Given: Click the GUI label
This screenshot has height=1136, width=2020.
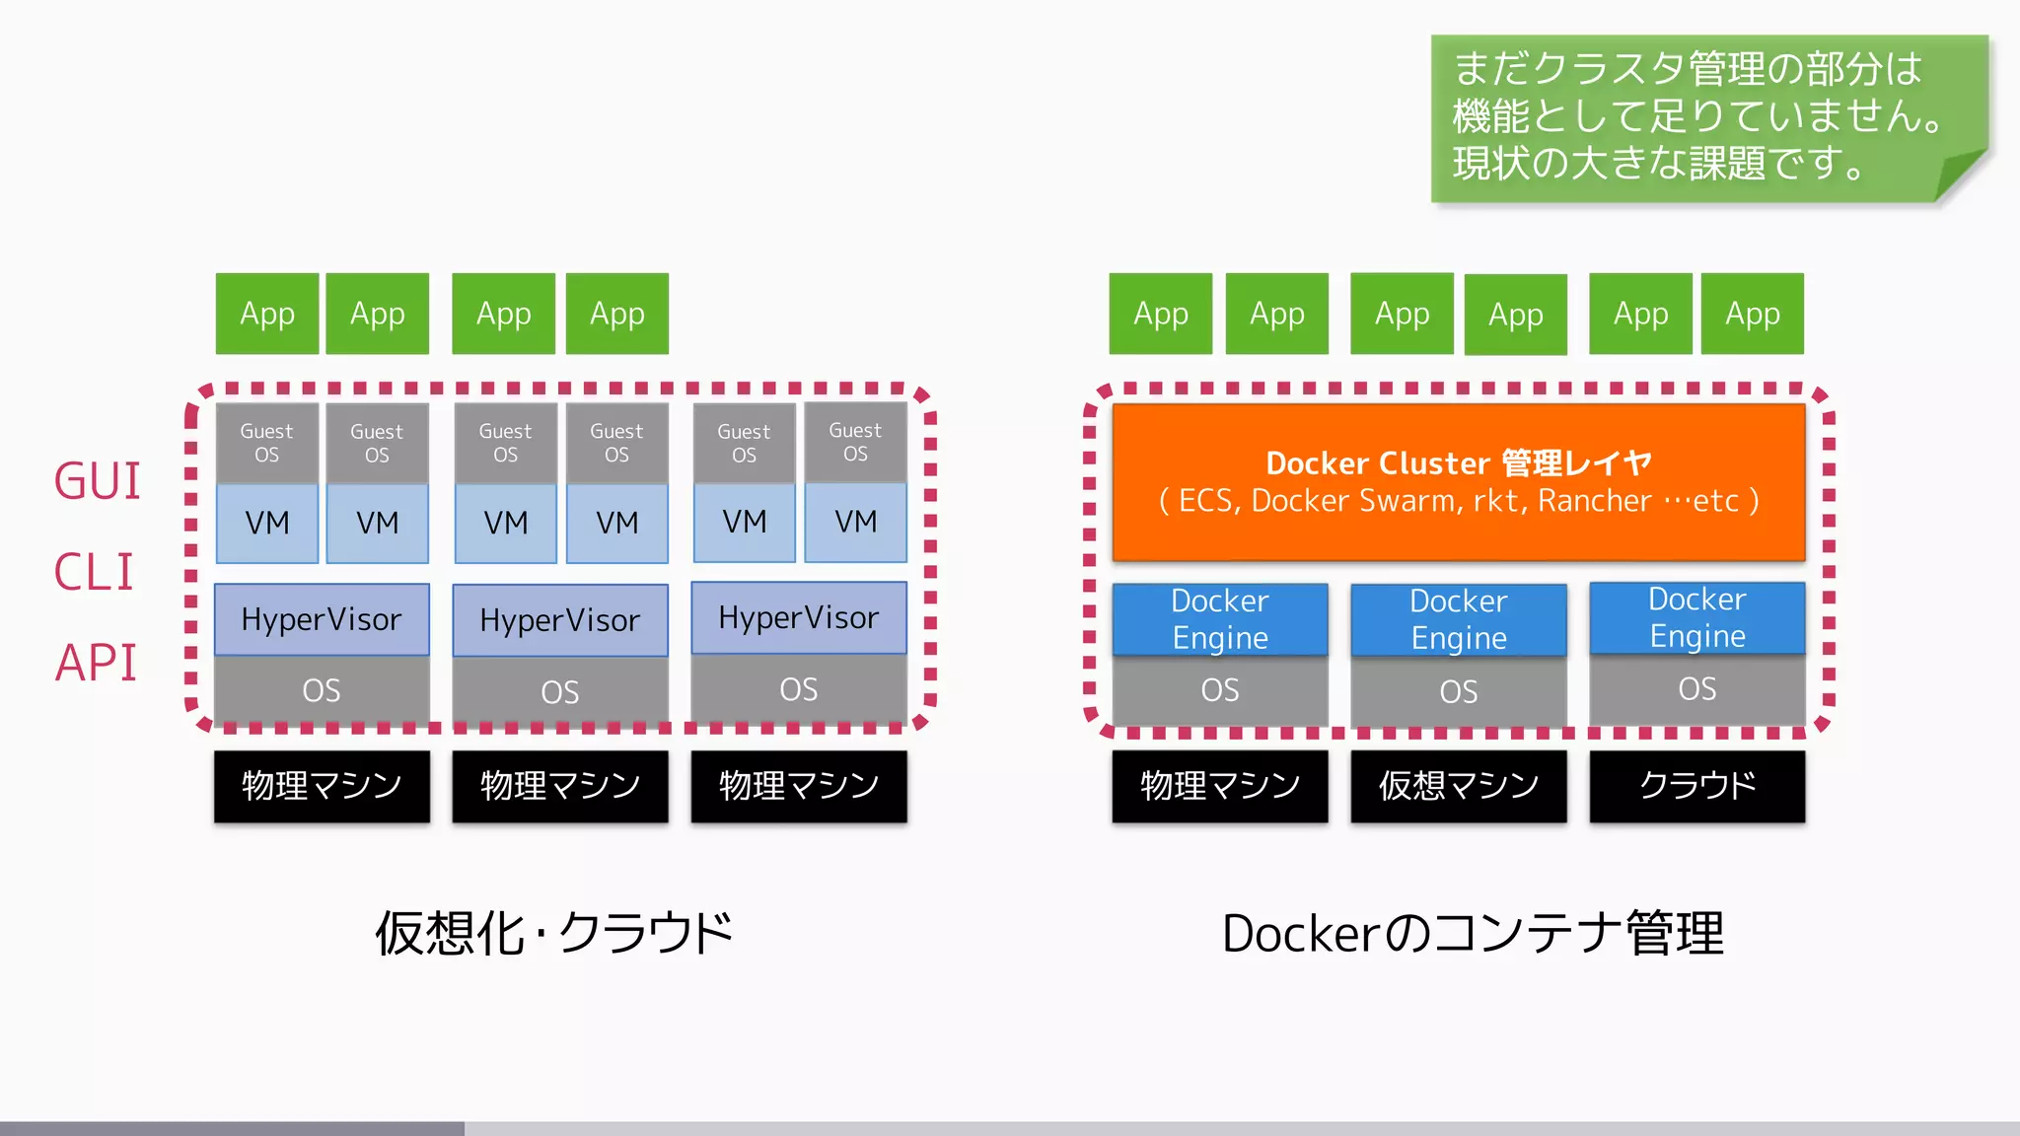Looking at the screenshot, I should tap(97, 481).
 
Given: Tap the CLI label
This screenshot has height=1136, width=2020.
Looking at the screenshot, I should tap(94, 572).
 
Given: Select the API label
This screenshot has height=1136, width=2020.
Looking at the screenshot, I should tap(96, 663).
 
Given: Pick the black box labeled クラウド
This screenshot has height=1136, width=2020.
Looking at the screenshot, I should tap(1696, 786).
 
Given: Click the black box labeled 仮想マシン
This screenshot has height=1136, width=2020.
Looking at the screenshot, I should tap(1458, 786).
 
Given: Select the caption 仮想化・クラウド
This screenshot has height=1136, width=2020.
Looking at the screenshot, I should tap(554, 933).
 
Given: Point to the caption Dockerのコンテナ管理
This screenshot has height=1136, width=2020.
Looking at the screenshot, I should tap(1473, 933).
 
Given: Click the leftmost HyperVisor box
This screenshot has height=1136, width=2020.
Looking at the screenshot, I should tap(322, 619).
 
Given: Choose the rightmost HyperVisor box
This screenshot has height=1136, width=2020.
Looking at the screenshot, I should tap(799, 617).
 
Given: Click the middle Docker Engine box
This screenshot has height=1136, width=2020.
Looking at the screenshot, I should tap(1458, 619).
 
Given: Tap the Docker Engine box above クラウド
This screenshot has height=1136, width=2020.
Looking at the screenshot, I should tap(1696, 617).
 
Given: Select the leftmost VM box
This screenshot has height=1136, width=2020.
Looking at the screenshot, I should tap(267, 523).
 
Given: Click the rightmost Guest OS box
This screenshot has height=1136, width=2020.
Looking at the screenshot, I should tap(855, 442).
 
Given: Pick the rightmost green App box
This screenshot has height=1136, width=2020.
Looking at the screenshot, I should tap(1753, 314).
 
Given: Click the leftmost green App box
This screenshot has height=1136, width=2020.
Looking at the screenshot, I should tap(267, 314).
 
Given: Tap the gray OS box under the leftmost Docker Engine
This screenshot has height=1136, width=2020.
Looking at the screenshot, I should tap(1220, 690).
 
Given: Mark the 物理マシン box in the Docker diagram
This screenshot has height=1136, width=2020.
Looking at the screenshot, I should tap(1220, 786).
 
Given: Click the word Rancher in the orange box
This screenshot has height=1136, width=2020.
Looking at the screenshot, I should tap(1594, 501).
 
